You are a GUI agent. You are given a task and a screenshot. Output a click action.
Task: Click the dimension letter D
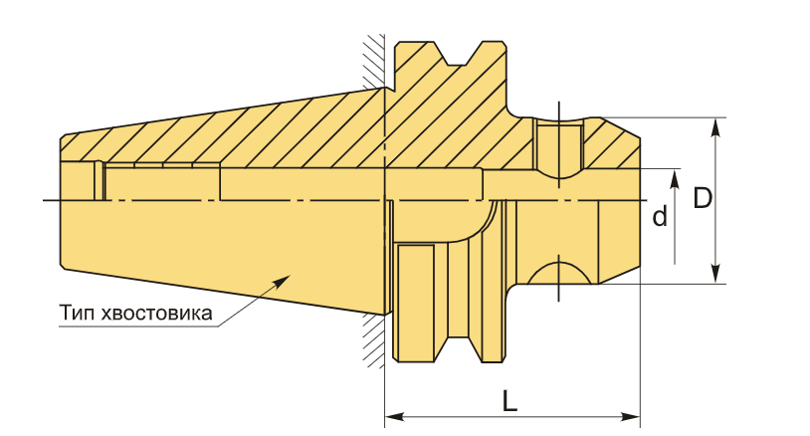pyautogui.click(x=703, y=198)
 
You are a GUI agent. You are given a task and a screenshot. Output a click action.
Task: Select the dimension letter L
pyautogui.click(x=509, y=401)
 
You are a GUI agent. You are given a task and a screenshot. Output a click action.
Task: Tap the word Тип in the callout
pyautogui.click(x=78, y=313)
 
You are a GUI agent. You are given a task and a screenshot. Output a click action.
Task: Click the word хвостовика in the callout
pyautogui.click(x=157, y=313)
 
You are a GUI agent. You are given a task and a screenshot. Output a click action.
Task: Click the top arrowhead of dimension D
pyautogui.click(x=714, y=127)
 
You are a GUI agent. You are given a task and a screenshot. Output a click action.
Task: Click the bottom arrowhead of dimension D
pyautogui.click(x=714, y=274)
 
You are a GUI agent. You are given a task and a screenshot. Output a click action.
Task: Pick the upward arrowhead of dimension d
pyautogui.click(x=675, y=179)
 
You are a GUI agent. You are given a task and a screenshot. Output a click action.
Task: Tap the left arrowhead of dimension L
pyautogui.click(x=395, y=417)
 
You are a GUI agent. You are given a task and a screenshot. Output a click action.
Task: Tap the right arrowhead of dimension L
pyautogui.click(x=631, y=417)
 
